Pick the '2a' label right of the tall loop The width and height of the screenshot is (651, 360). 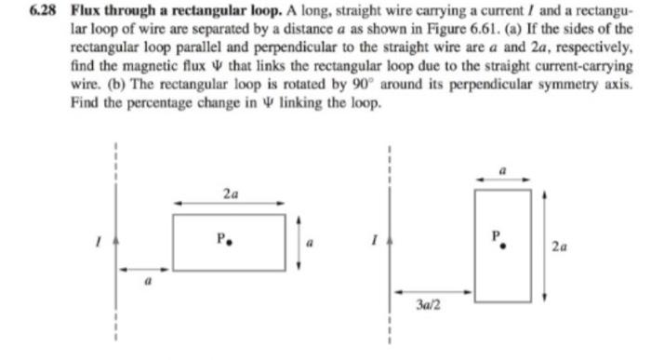coord(556,247)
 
